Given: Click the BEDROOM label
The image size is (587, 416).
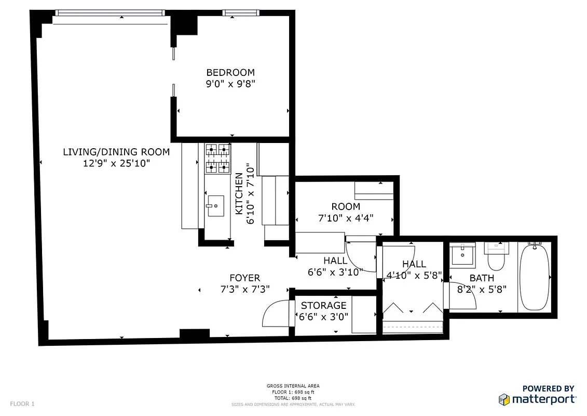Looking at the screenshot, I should point(230,73).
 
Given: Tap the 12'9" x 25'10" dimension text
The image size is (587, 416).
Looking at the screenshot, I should point(116,163).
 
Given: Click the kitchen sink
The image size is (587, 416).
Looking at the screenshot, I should point(215,205).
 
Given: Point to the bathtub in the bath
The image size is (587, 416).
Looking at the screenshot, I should point(535,278).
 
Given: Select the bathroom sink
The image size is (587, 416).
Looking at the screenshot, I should point(461,255).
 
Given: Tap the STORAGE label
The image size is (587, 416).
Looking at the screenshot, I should point(323,306).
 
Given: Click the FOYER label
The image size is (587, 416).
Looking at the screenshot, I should point(245,278).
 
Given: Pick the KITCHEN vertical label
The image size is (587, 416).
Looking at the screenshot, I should point(239,194).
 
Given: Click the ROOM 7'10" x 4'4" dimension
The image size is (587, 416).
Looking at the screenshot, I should point(346,218).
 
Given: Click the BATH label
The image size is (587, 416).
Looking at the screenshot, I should point(482,278).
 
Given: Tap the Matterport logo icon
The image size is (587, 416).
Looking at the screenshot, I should point(504,399).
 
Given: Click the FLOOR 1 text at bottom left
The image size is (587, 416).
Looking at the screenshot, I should point(22,404).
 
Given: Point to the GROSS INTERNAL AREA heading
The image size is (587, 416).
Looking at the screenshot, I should point(293,386).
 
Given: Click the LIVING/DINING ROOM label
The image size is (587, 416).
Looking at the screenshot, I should point(116,152).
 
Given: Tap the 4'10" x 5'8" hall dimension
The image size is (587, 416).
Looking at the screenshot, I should point(414,276).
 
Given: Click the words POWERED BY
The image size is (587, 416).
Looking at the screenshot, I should point(548,388).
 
